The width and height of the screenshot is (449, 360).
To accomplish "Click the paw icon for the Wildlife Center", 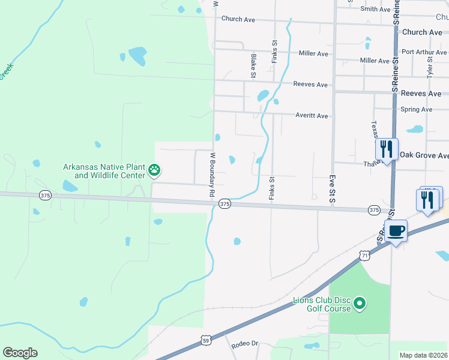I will click(155, 170).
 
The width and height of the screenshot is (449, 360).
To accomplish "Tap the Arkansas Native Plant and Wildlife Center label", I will click(105, 171).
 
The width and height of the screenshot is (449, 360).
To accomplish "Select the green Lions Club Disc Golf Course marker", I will click(360, 304).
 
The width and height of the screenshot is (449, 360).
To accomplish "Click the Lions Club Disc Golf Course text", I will click(321, 304).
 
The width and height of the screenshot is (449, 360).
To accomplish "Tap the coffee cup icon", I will click(396, 230).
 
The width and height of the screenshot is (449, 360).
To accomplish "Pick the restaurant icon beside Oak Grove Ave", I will click(386, 149).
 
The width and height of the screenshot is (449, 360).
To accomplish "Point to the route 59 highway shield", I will click(205, 340).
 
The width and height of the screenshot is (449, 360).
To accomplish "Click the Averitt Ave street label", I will click(312, 115).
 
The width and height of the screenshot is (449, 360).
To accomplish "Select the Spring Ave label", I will click(416, 110).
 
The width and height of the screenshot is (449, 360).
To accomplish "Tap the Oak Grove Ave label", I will click(424, 155).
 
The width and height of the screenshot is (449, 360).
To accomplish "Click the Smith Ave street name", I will click(375, 9).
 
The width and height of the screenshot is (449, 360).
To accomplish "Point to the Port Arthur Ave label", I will click(424, 52).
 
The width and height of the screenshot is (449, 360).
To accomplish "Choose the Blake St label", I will click(253, 65).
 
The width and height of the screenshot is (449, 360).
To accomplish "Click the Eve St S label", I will click(331, 192).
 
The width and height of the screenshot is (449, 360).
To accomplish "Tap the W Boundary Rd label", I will click(212, 175).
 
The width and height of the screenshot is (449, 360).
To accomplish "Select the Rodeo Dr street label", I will click(244, 344).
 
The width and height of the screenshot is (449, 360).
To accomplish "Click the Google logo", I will click(20, 353).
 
